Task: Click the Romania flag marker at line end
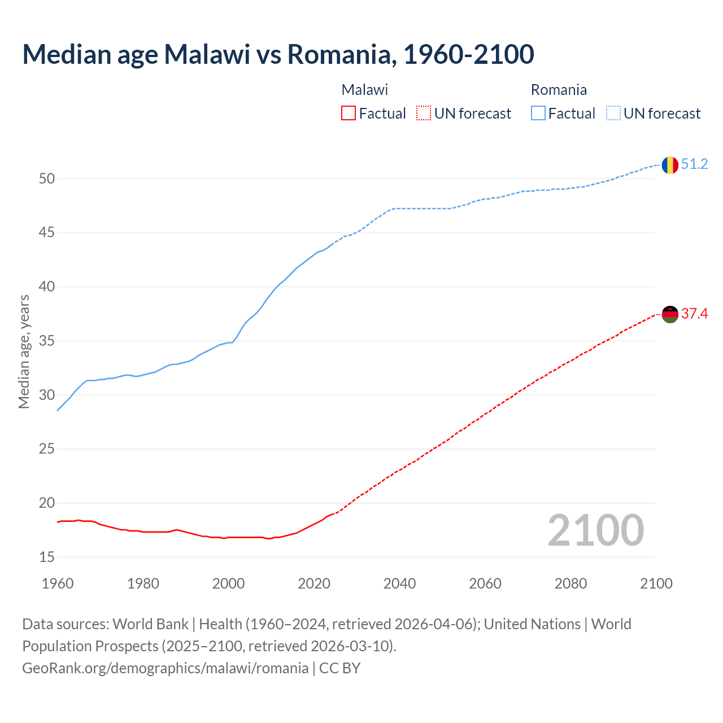[670, 164]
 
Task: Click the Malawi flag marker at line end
[670, 314]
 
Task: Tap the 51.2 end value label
[694, 164]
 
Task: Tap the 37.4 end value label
[694, 314]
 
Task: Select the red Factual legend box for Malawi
[349, 114]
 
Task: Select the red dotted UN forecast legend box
[424, 114]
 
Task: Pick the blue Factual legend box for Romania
[538, 114]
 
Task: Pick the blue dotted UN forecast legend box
[613, 114]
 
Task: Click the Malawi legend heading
[364, 90]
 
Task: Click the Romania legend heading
[559, 90]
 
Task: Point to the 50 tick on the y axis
[47, 179]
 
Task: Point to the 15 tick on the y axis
[47, 558]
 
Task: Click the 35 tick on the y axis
[47, 341]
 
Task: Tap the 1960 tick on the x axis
[58, 583]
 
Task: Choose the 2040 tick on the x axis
[399, 583]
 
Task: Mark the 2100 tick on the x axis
[656, 583]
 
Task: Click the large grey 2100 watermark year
[595, 530]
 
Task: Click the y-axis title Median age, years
[24, 351]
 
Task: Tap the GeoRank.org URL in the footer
[165, 668]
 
